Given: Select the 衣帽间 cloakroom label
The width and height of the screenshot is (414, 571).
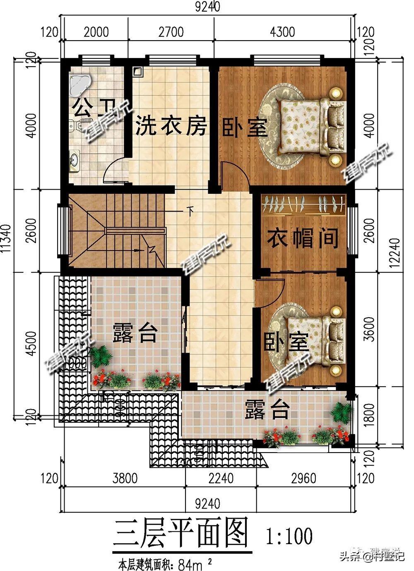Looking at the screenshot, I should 303,238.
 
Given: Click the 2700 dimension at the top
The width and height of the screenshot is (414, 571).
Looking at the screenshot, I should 171,32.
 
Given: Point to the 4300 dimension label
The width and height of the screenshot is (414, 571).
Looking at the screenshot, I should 283,32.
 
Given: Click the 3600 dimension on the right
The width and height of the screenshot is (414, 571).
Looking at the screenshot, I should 370,329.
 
